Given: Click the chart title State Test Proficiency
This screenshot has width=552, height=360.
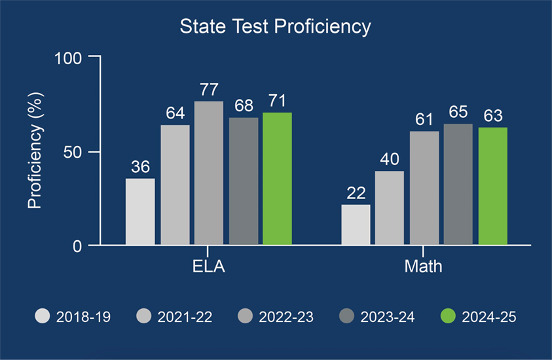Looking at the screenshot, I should click(x=276, y=27).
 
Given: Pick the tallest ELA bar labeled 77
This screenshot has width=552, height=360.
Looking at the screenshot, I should click(x=208, y=173).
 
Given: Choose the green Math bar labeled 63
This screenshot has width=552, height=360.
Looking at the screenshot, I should click(x=492, y=186).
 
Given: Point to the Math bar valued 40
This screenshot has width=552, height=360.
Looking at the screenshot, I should click(x=390, y=207).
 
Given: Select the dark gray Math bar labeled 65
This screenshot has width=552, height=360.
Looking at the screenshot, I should click(x=458, y=184).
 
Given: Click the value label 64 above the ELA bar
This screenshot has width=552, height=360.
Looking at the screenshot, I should click(x=175, y=113).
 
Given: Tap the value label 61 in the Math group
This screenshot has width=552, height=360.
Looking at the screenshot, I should click(x=424, y=119).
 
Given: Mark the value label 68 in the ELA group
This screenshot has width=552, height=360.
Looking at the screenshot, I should click(x=243, y=105).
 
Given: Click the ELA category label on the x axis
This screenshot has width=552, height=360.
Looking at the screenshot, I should click(x=208, y=266).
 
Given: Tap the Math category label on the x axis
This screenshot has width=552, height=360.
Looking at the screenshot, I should click(x=424, y=266).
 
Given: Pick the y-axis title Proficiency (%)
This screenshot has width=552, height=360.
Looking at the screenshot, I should click(x=35, y=152).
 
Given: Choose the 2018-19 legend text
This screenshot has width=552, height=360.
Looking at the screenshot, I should click(x=83, y=317).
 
